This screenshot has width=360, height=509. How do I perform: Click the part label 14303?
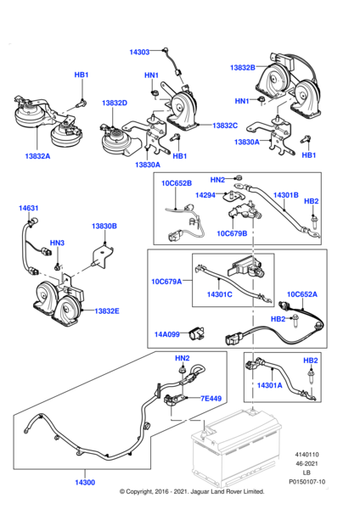tap(139, 52)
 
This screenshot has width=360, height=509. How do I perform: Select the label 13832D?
tap(115, 103)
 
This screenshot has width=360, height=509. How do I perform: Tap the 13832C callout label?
tap(225, 126)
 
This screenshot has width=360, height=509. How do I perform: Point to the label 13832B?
tap(243, 68)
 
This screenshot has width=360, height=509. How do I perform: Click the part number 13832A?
tap(37, 156)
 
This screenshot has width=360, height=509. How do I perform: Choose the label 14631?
tap(29, 208)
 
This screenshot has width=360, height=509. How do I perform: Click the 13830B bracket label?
tap(104, 226)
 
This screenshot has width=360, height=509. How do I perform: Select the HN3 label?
tap(57, 243)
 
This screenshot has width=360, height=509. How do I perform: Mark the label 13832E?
tap(107, 311)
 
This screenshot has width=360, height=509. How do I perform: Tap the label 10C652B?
tap(177, 183)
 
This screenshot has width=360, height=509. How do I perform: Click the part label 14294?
tap(205, 195)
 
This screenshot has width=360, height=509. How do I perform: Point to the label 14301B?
tap(286, 195)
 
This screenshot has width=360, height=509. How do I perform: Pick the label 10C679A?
tap(166, 282)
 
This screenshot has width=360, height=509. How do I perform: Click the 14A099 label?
tap(167, 334)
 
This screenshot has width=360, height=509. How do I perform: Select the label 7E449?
tap(211, 399)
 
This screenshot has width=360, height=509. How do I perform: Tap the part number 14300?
tap(85, 483)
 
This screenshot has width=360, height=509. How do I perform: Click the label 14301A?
tap(270, 385)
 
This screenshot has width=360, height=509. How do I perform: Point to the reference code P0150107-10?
tap(307, 482)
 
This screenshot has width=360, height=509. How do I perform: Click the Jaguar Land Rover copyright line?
tap(192, 491)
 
